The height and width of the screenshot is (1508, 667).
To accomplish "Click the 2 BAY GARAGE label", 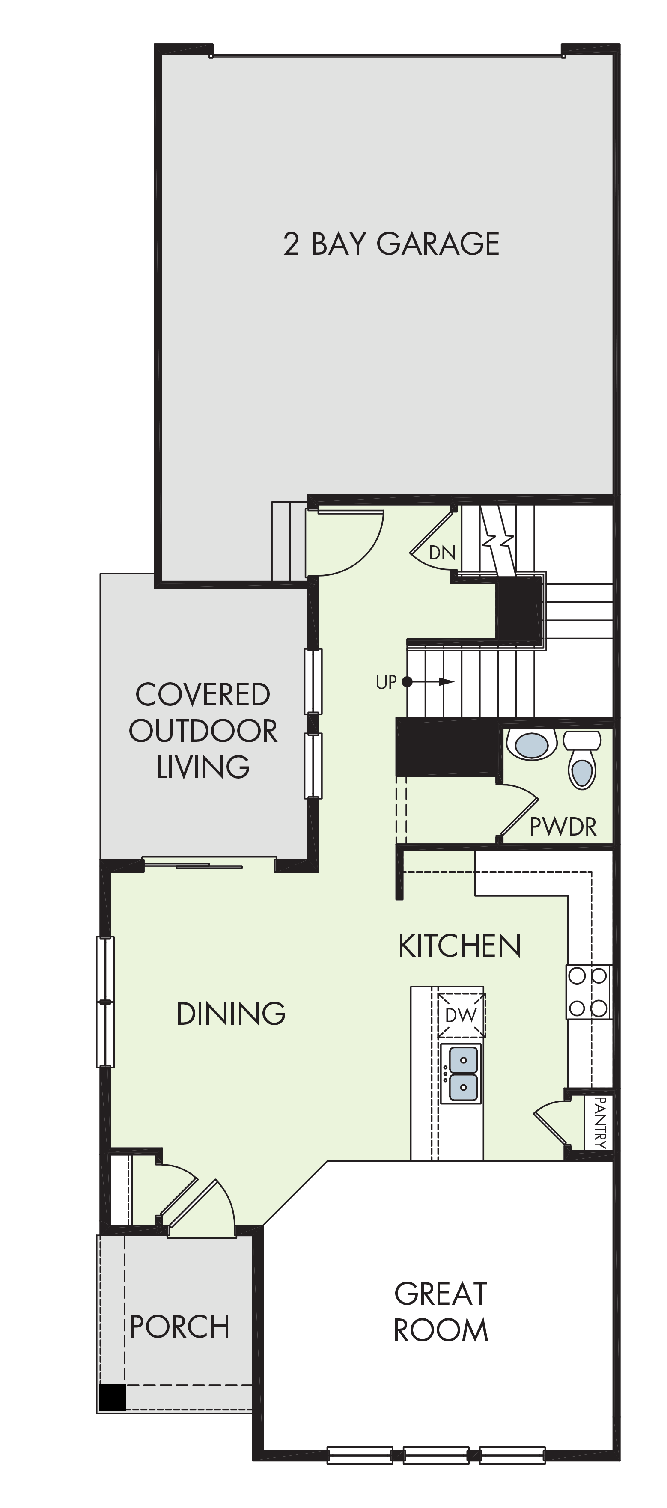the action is pos(391,244).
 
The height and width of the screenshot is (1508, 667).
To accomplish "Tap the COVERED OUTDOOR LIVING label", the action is pos(202,731).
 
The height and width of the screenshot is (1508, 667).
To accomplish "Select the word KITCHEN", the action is pos(460,946).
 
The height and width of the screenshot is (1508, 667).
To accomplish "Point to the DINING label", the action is pos(231,1014).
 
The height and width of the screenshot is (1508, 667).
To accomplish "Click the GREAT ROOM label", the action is pos(441,1312).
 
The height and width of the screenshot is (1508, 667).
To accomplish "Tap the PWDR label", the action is pos(563,827).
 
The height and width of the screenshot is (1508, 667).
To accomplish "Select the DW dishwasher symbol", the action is pos(462,1014).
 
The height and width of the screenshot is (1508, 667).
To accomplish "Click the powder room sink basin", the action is pos(532,745).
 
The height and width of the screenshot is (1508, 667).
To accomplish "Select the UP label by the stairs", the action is pos(386,682).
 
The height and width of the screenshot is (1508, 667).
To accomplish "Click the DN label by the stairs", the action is pos(442,553).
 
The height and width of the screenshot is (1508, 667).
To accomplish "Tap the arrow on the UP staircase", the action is pos(428,681).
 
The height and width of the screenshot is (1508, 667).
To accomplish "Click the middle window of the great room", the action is pos(436,1455).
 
